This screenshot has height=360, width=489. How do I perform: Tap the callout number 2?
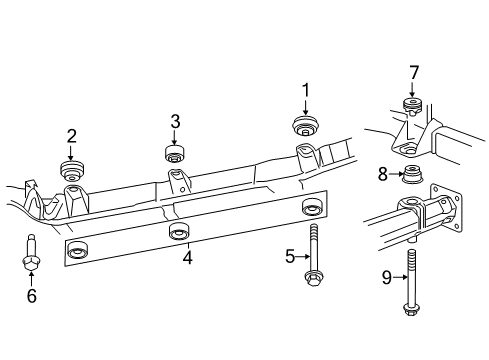[72, 135]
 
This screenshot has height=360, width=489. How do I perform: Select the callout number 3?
[175, 122]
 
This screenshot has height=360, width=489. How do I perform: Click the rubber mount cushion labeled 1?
[304, 127]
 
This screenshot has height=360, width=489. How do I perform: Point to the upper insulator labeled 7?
[410, 106]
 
